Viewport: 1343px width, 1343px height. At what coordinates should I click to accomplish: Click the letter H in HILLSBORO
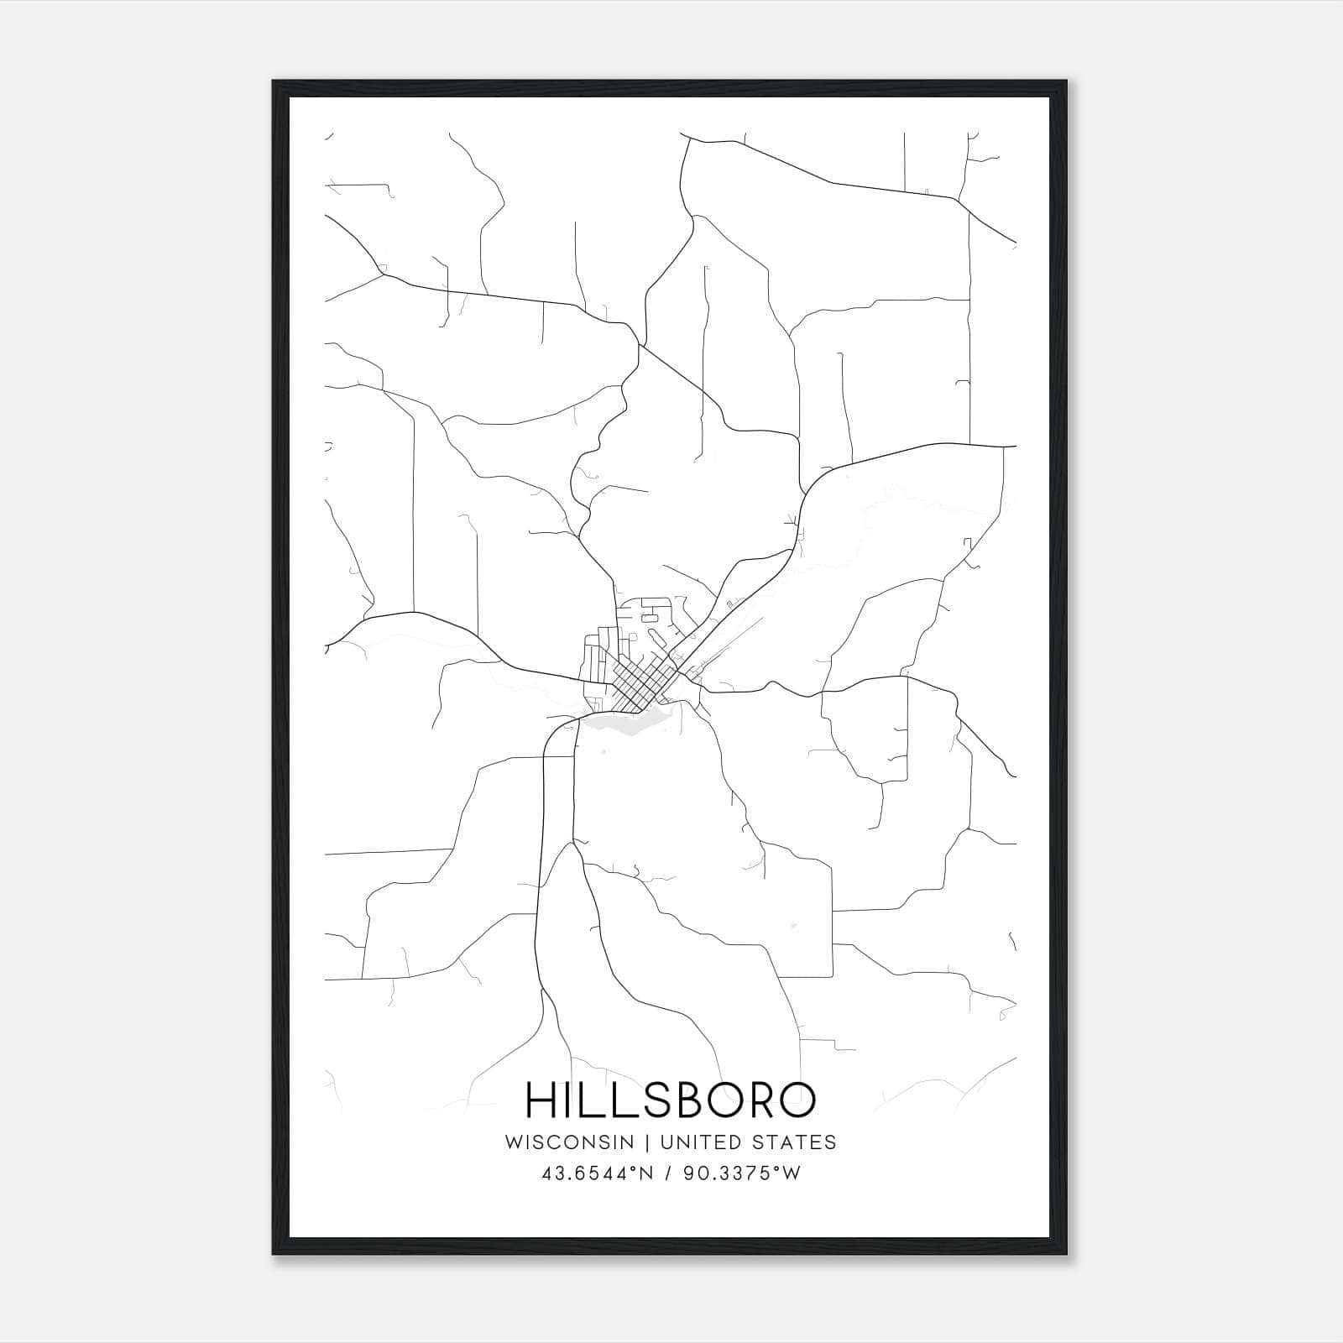[541, 1100]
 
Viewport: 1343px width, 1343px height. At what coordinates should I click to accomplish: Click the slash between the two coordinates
[667, 1173]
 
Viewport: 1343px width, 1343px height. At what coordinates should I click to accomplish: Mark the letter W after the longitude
[792, 1173]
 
